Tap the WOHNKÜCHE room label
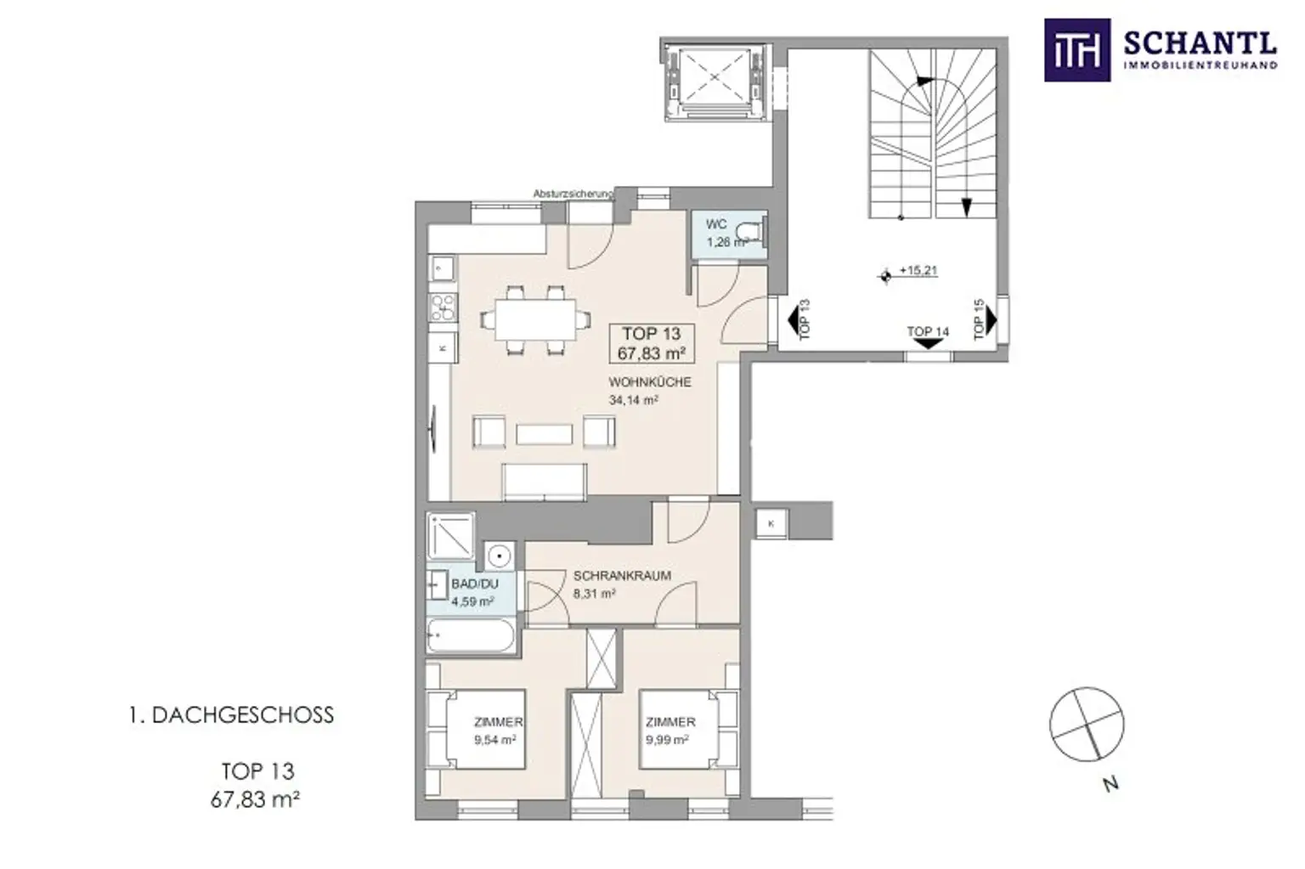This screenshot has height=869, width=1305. [x=650, y=382]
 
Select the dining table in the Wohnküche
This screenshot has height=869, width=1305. [x=536, y=319]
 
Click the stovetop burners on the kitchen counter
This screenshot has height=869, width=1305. [x=443, y=308]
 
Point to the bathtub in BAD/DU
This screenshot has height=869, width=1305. [x=471, y=635]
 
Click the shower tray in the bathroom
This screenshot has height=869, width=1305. [x=450, y=536]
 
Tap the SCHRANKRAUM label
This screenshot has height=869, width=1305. [x=622, y=575]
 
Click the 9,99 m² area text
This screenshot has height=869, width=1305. [x=666, y=740]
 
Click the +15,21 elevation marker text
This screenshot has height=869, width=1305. [x=918, y=271]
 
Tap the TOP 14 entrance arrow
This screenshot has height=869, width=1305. [x=928, y=344]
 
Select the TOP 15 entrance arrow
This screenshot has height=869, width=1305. [x=991, y=319]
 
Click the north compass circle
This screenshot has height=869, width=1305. [x=1087, y=724]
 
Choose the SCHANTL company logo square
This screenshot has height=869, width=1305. [x=1076, y=50]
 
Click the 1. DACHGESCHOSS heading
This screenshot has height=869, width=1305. [x=231, y=715]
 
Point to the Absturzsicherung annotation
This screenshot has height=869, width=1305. [x=573, y=194]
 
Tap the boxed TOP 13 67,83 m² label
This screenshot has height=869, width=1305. [x=652, y=344]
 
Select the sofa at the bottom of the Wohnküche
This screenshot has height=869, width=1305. [x=544, y=482]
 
